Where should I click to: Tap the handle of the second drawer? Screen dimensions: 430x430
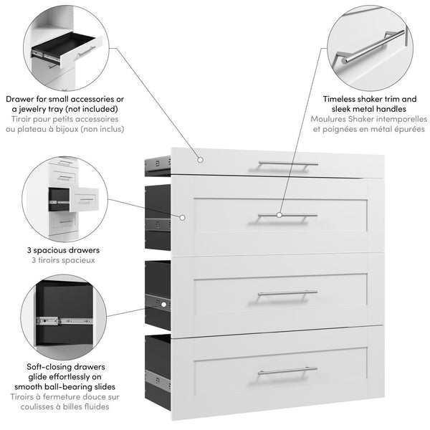point(287,214)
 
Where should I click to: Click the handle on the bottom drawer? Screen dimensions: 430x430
point(287,371)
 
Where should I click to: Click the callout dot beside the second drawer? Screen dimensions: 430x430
point(183,216)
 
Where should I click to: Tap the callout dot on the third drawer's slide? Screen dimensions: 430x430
point(163,304)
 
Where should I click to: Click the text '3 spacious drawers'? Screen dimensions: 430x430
point(64,251)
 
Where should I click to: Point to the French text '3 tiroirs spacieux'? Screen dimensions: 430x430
point(64,261)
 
